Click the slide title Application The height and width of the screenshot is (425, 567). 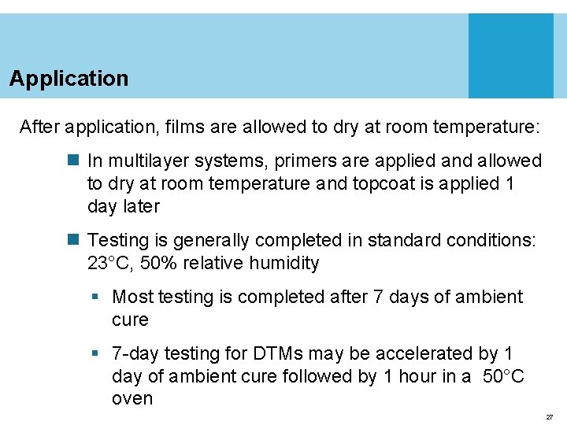[x=69, y=79]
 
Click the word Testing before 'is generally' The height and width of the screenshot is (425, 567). [x=119, y=240]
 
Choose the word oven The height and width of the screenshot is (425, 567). [x=132, y=399]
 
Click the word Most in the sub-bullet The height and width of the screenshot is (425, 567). [x=133, y=297]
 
